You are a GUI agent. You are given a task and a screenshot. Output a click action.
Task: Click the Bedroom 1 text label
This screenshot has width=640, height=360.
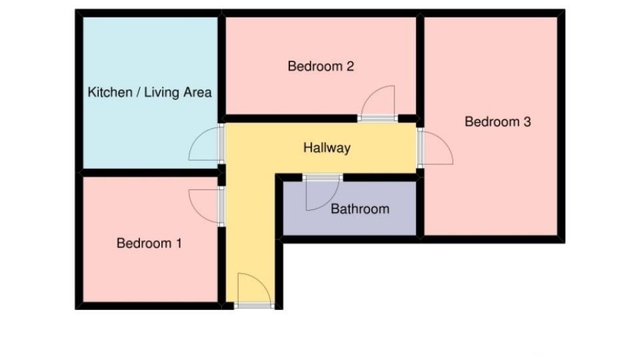[x=149, y=243]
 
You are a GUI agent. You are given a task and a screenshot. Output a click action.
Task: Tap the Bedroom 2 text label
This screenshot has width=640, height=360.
[x=321, y=66]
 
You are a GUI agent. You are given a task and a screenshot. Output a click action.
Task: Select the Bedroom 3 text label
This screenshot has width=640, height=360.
[x=497, y=122]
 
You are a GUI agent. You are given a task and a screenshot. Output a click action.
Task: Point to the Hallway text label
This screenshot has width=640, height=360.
[x=326, y=148]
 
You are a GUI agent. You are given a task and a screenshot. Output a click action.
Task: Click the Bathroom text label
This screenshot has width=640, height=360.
[x=359, y=209]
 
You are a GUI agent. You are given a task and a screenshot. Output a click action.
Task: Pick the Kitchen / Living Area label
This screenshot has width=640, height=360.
[x=149, y=92]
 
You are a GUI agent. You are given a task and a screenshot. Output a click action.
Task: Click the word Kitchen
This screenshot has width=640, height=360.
[x=109, y=92]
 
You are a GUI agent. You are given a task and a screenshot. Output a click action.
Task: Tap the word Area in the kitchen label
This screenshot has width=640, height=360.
[x=197, y=92]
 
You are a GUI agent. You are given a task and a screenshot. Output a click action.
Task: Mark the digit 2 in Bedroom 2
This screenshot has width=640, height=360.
[x=351, y=66]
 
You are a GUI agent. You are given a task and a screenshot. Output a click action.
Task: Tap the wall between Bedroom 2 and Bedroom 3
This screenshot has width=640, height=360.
[x=420, y=62]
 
